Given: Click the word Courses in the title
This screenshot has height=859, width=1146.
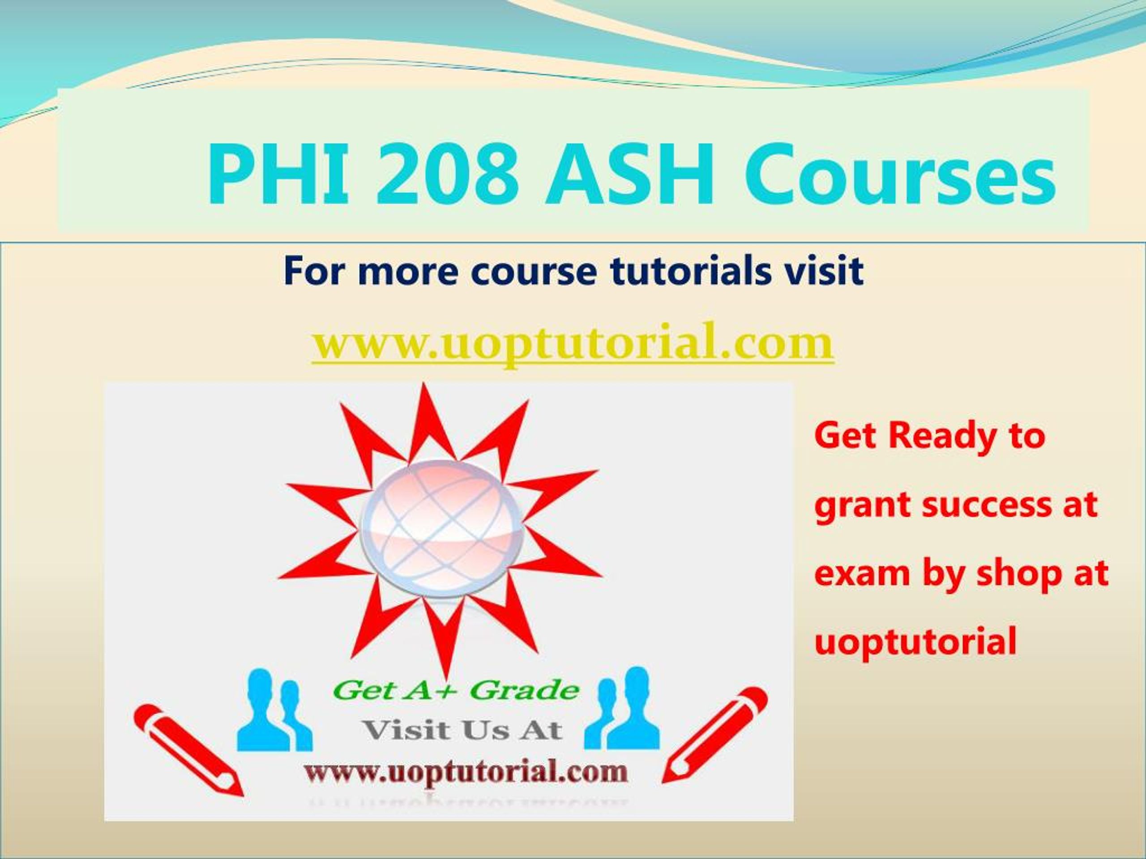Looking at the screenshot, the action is [x=899, y=176].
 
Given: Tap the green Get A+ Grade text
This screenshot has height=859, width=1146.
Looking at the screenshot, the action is [x=456, y=691].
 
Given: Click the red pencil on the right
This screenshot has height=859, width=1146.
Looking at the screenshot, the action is [x=715, y=741].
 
